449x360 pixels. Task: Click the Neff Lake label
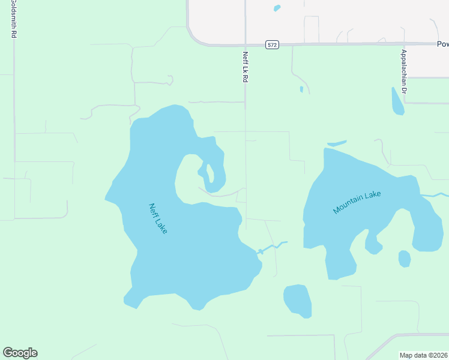(157, 218)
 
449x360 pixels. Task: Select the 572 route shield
(272, 45)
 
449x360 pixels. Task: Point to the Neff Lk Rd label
(245, 66)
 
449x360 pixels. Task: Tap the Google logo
(20, 353)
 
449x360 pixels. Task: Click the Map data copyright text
(424, 355)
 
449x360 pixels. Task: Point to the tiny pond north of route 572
(277, 8)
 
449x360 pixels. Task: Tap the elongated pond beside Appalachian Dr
(397, 101)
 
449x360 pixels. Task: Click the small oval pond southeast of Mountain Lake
(405, 259)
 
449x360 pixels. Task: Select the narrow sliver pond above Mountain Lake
(337, 143)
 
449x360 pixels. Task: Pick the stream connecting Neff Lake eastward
(273, 247)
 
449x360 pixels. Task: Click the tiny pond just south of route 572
(301, 89)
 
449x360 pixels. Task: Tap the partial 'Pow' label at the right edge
(442, 44)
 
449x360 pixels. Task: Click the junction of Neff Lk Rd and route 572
(245, 44)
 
